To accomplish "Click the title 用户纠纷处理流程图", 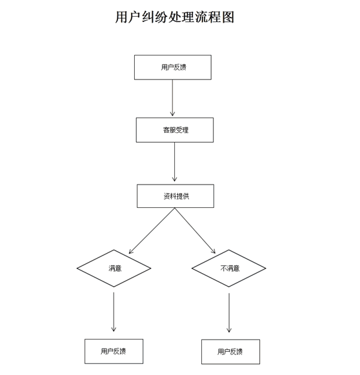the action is point(174,17).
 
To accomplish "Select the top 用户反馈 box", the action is point(173,67).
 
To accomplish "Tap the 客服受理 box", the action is point(175,130).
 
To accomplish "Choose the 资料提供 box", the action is point(175,196).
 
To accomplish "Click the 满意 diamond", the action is point(114,268).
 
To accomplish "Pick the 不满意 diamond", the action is point(229,268).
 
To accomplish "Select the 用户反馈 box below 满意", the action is point(114,351).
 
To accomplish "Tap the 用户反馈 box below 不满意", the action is point(230,352).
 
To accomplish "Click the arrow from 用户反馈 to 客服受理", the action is point(172,98).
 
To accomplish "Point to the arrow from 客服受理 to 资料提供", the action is point(174,162).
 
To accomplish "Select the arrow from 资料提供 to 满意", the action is point(152,230).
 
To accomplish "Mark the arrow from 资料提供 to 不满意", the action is point(195,230).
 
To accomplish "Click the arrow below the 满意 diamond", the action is point(114,312).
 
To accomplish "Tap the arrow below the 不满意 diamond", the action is point(229,312).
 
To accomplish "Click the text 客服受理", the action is point(175,130).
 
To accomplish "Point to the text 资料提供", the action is point(176,196).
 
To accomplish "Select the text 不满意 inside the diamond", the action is point(230,269).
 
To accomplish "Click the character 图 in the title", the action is point(228,17).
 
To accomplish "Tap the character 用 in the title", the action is point(121,17).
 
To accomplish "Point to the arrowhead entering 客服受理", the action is point(172,114).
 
